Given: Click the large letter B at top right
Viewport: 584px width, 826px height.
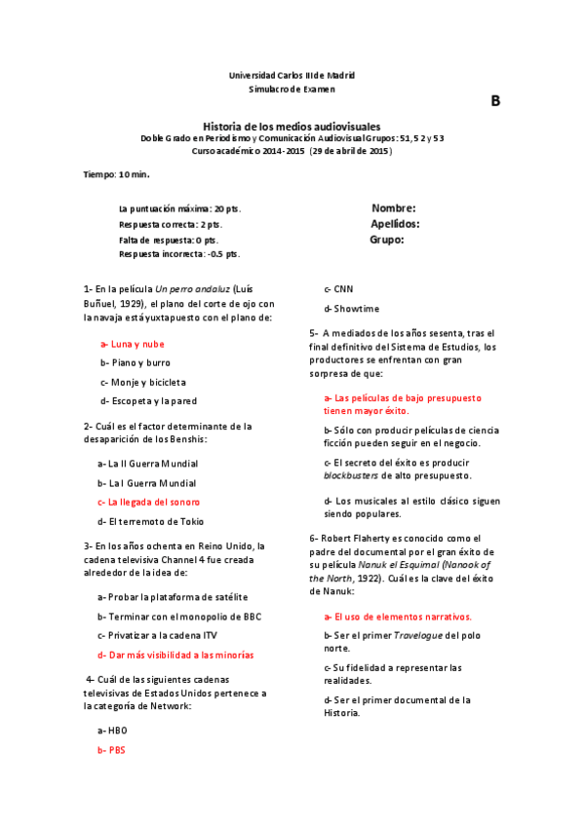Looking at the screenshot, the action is tap(495, 101).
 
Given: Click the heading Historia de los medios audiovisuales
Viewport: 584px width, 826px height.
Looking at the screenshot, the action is tap(292, 127).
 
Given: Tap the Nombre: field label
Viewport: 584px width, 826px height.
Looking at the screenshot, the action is tap(394, 208).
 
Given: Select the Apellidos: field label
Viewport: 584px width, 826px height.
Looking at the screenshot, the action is tap(395, 223).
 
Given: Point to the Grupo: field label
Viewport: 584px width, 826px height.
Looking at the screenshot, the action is tap(387, 239).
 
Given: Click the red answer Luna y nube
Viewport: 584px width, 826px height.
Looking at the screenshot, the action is tap(133, 344).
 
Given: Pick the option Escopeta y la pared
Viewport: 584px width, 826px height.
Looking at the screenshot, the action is tap(148, 400).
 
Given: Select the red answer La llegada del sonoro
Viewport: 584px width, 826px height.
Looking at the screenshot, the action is tap(148, 502).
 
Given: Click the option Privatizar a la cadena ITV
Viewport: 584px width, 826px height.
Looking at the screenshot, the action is tap(157, 635).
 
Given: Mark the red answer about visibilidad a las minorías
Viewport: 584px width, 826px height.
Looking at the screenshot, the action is tap(175, 655).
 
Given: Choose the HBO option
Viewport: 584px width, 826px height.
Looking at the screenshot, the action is tap(112, 730).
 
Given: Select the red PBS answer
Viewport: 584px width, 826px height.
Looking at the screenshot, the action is tap(111, 750).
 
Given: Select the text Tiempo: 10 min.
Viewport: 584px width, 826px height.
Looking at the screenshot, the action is tap(117, 174).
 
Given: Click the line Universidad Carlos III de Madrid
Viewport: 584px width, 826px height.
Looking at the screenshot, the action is tap(292, 75).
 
